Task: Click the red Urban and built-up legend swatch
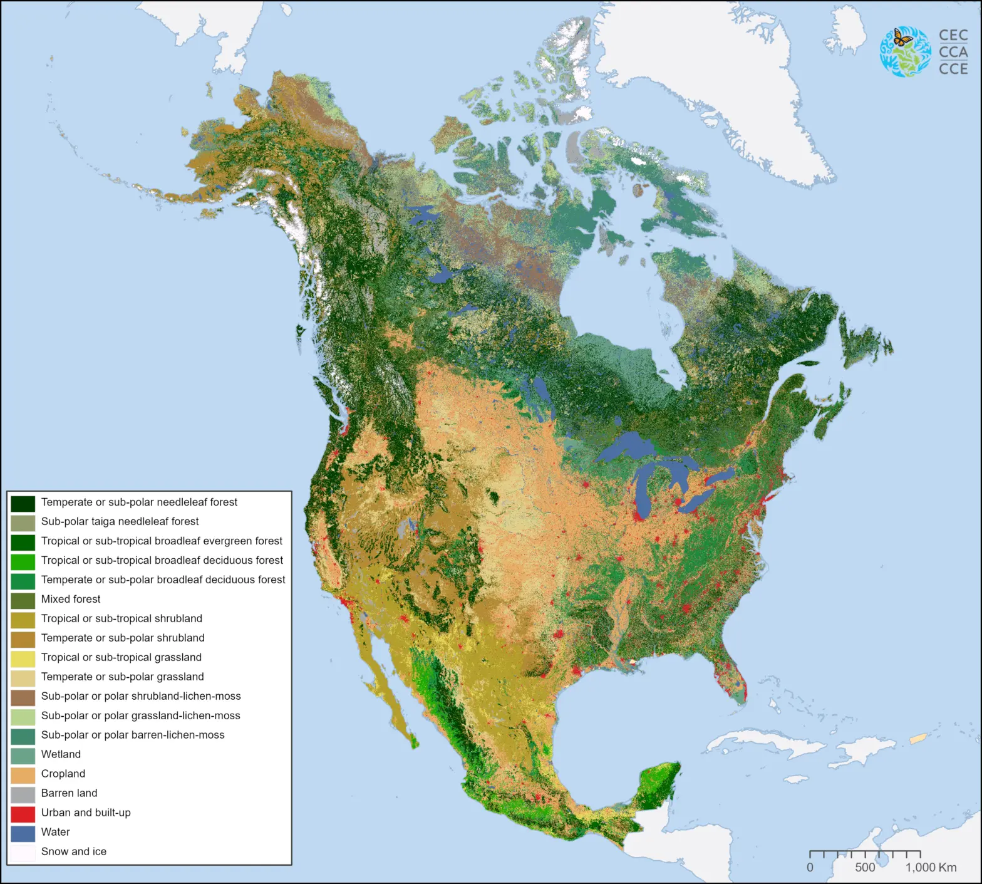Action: [23, 813]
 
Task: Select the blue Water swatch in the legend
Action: [23, 833]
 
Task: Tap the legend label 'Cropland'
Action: [63, 774]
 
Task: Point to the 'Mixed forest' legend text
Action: [71, 599]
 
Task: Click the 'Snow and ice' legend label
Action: [74, 851]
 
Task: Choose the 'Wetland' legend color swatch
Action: [23, 755]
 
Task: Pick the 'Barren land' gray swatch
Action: [23, 794]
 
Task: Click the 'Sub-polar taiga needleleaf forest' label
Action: [120, 521]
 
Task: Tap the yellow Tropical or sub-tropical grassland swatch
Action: [23, 658]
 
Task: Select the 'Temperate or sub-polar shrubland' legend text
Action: [123, 638]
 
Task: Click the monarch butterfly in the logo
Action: [902, 38]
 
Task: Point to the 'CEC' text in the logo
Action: [953, 36]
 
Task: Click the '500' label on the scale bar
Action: [865, 868]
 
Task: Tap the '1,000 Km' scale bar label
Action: [931, 868]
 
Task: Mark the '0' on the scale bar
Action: [810, 868]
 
